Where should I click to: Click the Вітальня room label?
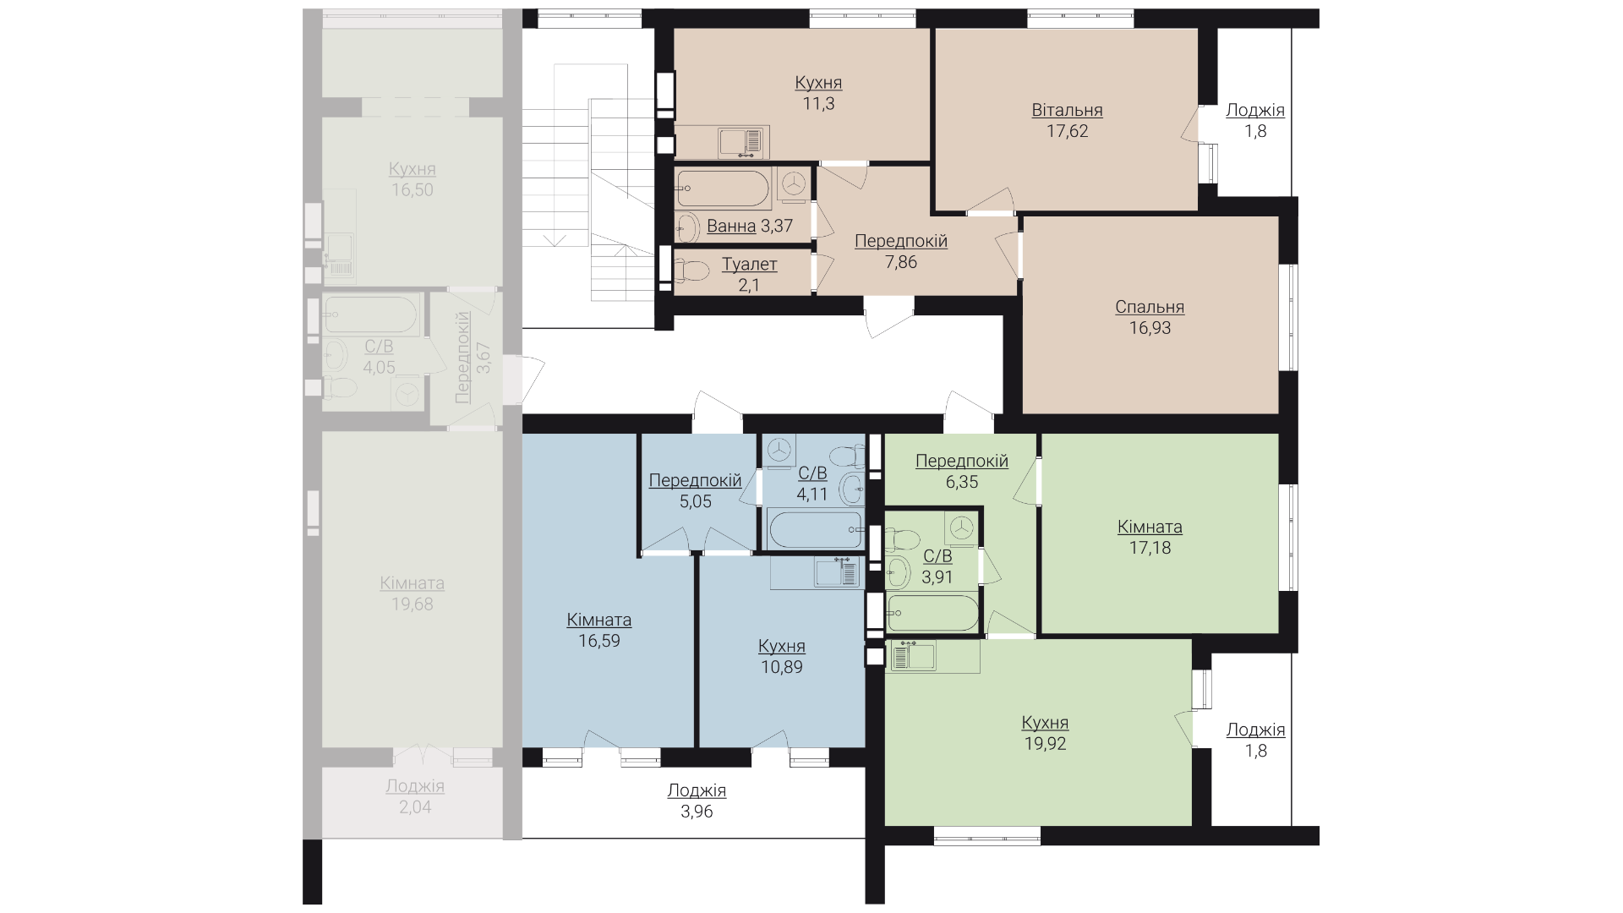click(1067, 110)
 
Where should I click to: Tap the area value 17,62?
click(1068, 131)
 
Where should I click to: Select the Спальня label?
click(1150, 307)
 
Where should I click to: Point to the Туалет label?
click(749, 265)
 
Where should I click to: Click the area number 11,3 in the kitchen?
click(818, 103)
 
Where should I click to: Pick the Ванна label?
click(731, 226)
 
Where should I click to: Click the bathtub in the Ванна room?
click(724, 189)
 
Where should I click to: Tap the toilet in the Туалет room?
click(691, 271)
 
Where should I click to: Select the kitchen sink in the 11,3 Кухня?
click(744, 142)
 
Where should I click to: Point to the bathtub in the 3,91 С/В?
click(932, 613)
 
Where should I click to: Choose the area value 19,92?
click(1045, 744)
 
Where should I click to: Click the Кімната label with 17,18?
click(1150, 527)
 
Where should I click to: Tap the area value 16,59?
click(599, 641)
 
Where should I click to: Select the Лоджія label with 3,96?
click(697, 791)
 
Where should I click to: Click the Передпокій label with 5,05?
click(695, 480)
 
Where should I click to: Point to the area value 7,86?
click(901, 262)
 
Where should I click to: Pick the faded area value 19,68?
click(413, 604)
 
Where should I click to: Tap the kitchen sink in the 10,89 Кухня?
click(837, 571)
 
